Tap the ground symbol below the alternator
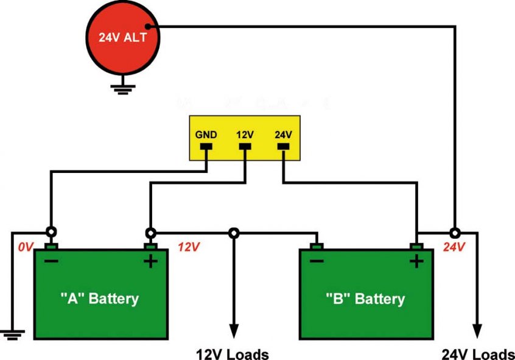coord(123,88)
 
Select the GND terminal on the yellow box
coord(206,147)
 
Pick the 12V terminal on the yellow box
coord(245,147)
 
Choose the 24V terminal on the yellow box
coord(284,147)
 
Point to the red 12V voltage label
coord(188,247)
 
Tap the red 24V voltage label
coord(454,248)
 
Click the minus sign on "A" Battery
coord(51,261)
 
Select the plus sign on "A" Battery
coord(150,262)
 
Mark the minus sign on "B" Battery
coord(317,261)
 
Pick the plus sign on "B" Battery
coord(416,262)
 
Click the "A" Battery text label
coord(100,298)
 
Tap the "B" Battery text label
coord(366,299)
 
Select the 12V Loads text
coord(232,354)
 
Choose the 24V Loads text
coord(477,354)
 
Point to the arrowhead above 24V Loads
coord(477,330)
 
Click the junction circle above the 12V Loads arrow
coord(234,233)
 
